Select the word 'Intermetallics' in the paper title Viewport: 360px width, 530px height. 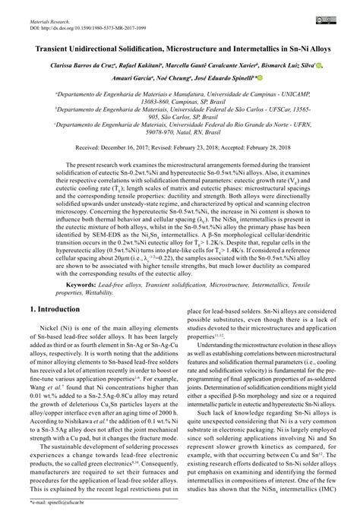coord(251,46)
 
